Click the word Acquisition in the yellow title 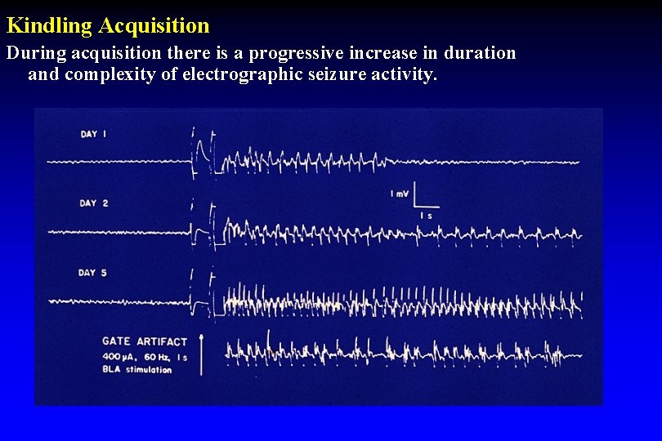154,26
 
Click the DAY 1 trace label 93,134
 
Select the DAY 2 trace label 93,203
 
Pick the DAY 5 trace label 93,273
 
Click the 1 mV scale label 400,194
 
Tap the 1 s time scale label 426,215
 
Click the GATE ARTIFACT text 145,341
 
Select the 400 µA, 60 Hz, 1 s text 144,356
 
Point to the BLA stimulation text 137,369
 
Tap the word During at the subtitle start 35,54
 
